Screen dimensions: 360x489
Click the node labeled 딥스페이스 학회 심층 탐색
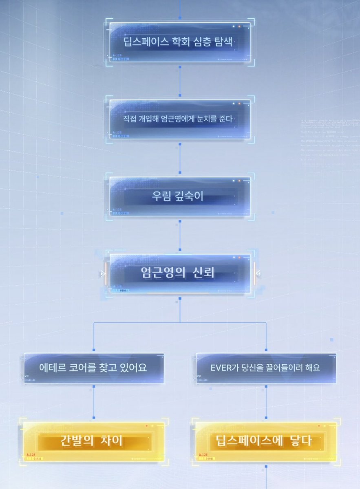179,42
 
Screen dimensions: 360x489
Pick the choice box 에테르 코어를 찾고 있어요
94,368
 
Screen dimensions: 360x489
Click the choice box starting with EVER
266,368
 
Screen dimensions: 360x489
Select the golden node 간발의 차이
94,441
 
